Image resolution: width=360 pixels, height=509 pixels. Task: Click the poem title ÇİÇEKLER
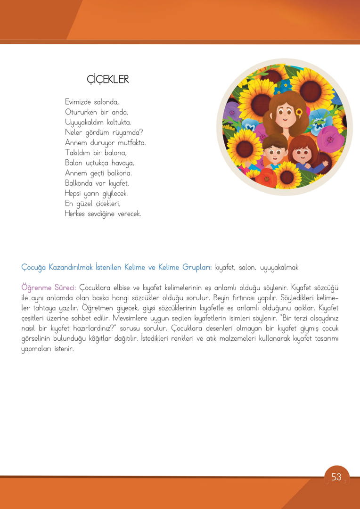[108, 79]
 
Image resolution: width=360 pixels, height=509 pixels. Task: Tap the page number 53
[336, 477]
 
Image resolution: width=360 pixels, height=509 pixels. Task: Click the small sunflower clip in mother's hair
[298, 112]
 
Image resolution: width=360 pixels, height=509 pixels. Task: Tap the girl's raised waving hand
[325, 164]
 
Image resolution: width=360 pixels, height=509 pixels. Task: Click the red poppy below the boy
[267, 178]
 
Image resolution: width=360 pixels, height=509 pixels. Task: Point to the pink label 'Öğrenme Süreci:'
[49, 287]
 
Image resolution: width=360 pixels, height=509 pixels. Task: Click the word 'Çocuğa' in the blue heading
[33, 267]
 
